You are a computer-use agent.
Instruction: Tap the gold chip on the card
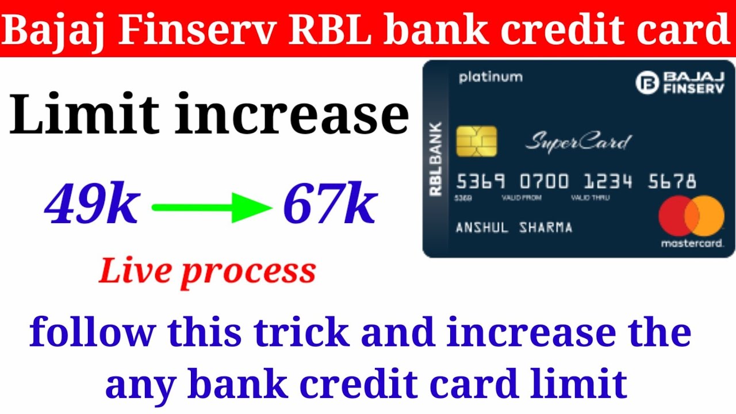click(476, 141)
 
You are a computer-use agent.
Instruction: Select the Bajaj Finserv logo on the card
click(680, 82)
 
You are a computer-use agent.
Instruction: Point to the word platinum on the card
click(490, 77)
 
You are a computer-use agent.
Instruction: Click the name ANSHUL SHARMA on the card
click(514, 228)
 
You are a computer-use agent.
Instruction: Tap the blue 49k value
click(92, 206)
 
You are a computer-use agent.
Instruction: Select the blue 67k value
click(329, 206)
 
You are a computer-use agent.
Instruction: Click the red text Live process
click(207, 271)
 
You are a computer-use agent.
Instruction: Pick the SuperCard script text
click(578, 141)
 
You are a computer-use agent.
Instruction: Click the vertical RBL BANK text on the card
click(436, 159)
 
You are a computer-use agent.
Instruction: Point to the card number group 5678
click(672, 182)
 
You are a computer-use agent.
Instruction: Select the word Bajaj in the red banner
click(55, 30)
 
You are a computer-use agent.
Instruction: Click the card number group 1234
click(608, 182)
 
